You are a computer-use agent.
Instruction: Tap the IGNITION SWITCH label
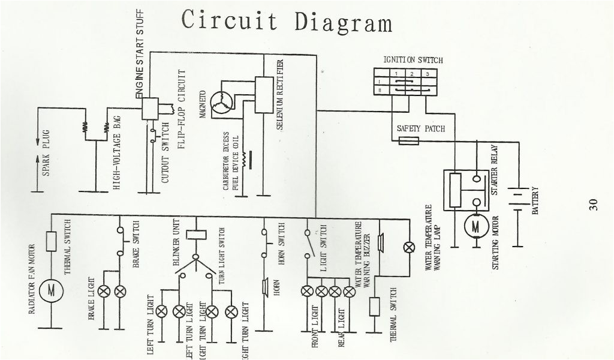pos(413,61)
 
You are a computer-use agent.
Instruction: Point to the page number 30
pos(593,204)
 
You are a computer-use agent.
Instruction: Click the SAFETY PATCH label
pos(420,129)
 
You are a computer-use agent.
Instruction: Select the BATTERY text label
pos(535,202)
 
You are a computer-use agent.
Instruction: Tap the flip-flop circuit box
pos(149,108)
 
